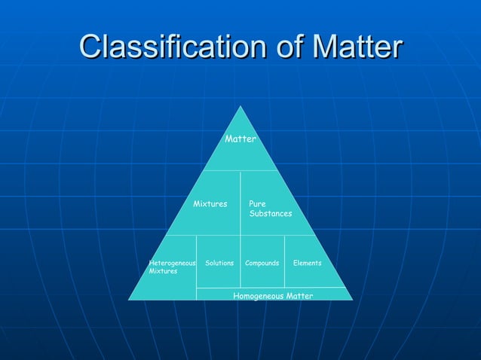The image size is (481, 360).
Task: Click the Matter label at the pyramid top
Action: point(240,139)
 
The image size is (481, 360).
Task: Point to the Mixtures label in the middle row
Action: point(210,204)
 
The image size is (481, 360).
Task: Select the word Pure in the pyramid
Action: point(257,204)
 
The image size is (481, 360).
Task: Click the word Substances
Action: point(271,215)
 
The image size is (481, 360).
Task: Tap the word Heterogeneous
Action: point(173,263)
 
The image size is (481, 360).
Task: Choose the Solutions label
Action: point(219,263)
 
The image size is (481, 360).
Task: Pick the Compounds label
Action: point(262,263)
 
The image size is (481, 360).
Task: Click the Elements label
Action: point(308,263)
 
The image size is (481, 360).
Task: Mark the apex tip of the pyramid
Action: point(241,106)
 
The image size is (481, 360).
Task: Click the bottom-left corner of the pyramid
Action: point(129,300)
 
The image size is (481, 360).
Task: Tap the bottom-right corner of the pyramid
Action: point(353,300)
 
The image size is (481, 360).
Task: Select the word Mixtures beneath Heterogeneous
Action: point(163,271)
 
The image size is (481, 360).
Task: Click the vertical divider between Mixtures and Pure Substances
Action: point(240,203)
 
